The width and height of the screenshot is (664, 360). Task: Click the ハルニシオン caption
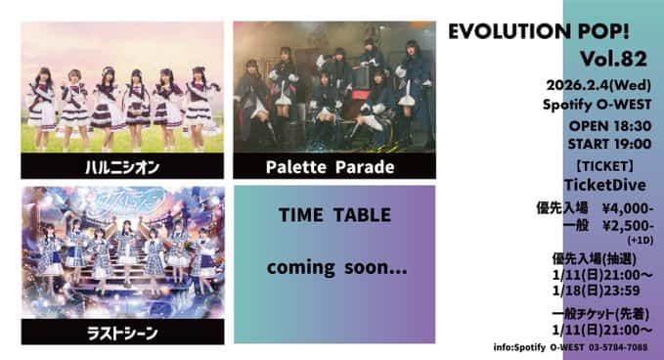(x=121, y=165)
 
